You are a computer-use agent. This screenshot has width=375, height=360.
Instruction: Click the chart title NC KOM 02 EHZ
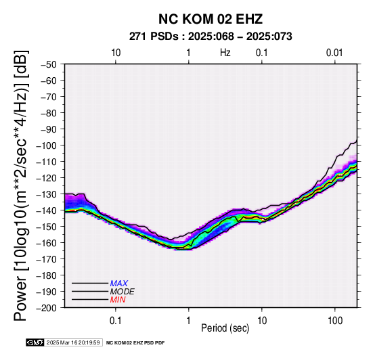[211, 19]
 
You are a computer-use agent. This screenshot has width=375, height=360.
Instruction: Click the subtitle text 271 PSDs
[154, 37]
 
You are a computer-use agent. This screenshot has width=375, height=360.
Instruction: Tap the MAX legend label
[119, 284]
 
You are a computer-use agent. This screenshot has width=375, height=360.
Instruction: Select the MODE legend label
[123, 292]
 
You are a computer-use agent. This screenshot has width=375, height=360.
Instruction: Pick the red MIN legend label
[118, 300]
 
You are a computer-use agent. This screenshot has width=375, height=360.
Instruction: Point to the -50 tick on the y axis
[49, 64]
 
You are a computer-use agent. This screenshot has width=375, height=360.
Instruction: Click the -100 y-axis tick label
[47, 145]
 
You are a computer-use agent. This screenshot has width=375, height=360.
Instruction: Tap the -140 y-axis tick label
[47, 210]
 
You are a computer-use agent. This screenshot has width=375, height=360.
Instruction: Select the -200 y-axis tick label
[47, 308]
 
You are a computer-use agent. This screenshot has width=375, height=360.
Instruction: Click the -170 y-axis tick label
[47, 259]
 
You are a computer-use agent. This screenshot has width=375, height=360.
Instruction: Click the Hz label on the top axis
[225, 53]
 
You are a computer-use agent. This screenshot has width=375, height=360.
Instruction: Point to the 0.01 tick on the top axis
[334, 53]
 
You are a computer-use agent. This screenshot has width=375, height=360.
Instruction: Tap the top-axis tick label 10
[116, 53]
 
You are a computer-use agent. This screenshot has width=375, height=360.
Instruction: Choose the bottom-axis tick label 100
[335, 321]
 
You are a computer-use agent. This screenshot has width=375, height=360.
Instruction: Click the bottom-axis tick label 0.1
[116, 321]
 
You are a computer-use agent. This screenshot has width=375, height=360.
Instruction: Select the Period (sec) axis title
[225, 328]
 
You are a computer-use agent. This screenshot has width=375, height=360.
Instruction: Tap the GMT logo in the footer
[35, 342]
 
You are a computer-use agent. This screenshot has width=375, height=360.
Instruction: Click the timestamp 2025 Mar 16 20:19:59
[73, 342]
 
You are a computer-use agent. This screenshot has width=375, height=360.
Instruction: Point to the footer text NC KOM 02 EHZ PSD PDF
[135, 343]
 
